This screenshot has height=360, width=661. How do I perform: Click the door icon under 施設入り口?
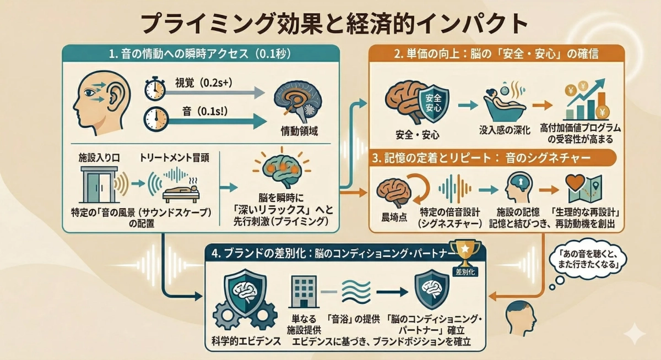(97, 184)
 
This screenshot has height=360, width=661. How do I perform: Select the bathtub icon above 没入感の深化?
(502, 103)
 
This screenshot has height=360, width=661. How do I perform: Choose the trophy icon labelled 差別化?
(465, 254)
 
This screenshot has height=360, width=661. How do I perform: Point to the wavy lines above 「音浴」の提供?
(356, 290)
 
